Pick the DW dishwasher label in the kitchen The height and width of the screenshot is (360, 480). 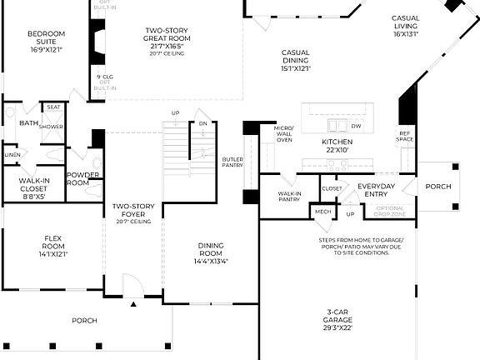[356, 127]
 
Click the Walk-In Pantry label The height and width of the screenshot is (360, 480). [289, 197]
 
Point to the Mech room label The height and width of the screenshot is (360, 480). [322, 212]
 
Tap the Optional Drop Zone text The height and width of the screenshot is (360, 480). [390, 211]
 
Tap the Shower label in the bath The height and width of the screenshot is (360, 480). [52, 127]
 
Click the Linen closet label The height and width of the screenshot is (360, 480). [12, 155]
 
